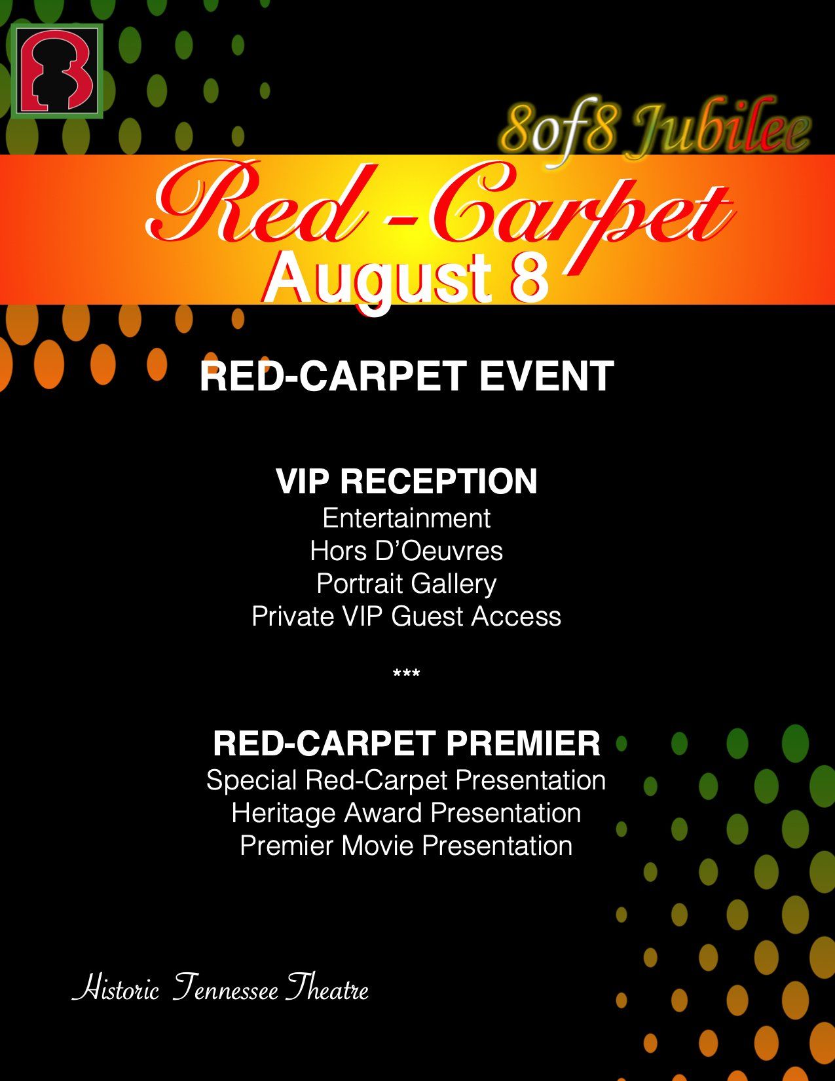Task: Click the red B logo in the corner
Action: [56, 71]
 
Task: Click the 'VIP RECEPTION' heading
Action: [406, 481]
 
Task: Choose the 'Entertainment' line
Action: [406, 518]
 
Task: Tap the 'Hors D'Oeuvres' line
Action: [406, 551]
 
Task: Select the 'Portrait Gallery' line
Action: [406, 584]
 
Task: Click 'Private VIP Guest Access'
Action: [406, 616]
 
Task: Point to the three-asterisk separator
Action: [406, 673]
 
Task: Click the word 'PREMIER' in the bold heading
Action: [523, 743]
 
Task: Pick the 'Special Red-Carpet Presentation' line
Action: [406, 780]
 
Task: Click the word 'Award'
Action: [383, 813]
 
